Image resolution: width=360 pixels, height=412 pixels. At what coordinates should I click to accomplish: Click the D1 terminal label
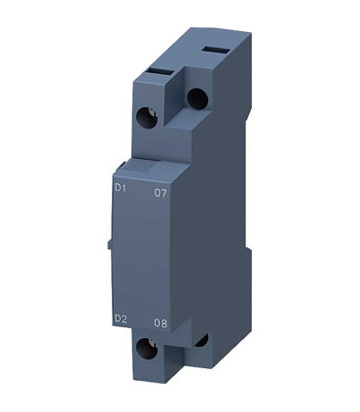point(122,192)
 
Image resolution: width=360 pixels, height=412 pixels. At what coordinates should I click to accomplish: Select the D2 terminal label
point(122,318)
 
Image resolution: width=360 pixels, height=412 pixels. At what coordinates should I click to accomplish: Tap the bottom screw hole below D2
point(149,349)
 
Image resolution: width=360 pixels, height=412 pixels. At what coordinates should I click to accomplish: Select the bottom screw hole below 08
point(201,341)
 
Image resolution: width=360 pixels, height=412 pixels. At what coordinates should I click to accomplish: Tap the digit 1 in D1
point(126,192)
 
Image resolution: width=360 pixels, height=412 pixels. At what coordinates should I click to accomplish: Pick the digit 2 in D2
point(126,318)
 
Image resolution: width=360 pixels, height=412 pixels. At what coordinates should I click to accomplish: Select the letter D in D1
point(118,192)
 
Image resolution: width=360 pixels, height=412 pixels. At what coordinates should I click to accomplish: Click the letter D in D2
point(118,318)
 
